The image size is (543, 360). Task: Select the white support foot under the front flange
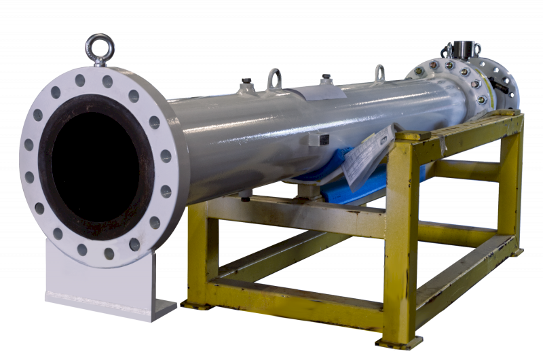(102, 285)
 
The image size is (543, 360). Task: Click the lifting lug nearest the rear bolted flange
(379, 73)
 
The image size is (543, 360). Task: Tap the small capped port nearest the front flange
(246, 86)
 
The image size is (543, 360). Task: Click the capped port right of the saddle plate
(325, 80)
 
